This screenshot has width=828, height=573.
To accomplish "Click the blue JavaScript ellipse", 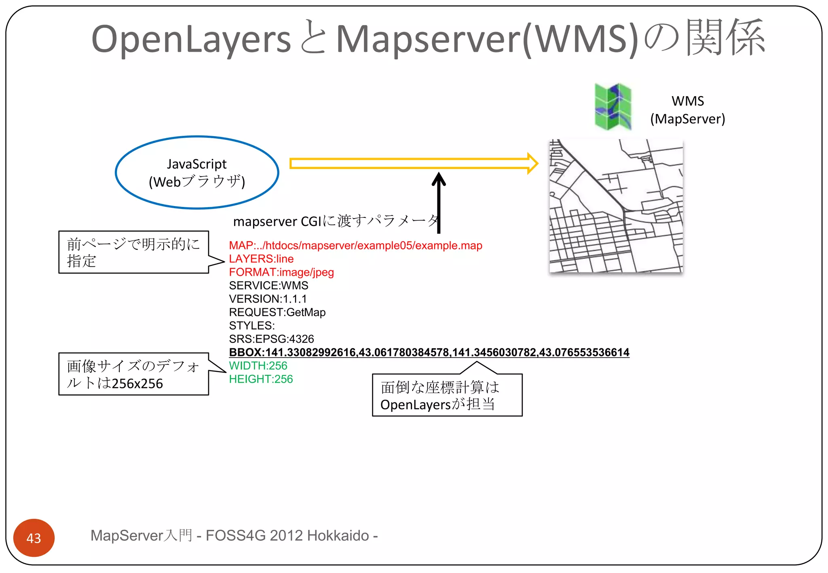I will [197, 173].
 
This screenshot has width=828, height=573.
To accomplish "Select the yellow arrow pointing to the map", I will [412, 163].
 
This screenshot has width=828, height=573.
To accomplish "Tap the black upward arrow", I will [439, 202].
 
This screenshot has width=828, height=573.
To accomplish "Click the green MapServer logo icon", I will [613, 107].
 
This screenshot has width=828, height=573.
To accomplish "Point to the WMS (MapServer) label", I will [687, 110].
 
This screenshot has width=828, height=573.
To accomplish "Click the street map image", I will [616, 206].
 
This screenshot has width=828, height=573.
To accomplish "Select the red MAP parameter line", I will [355, 246].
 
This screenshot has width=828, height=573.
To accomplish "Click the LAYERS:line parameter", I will [261, 259].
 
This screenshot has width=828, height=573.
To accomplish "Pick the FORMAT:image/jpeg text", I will [281, 272].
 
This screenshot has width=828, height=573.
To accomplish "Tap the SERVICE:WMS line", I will [268, 286].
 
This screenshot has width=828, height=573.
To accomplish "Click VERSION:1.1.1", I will [268, 299].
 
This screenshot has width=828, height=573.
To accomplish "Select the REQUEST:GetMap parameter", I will [277, 312].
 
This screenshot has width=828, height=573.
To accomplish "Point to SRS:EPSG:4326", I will [271, 339].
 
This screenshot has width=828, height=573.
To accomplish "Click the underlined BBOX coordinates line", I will [429, 352].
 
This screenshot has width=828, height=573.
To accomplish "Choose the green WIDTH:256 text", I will [258, 366].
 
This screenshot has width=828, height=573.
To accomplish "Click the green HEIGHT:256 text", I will [261, 379].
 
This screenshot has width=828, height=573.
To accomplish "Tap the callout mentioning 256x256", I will [133, 374].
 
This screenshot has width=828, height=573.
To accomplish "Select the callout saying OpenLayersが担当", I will [447, 395].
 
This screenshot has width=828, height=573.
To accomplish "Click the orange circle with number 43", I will [34, 538].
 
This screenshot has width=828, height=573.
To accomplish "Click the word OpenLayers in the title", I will [191, 40].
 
